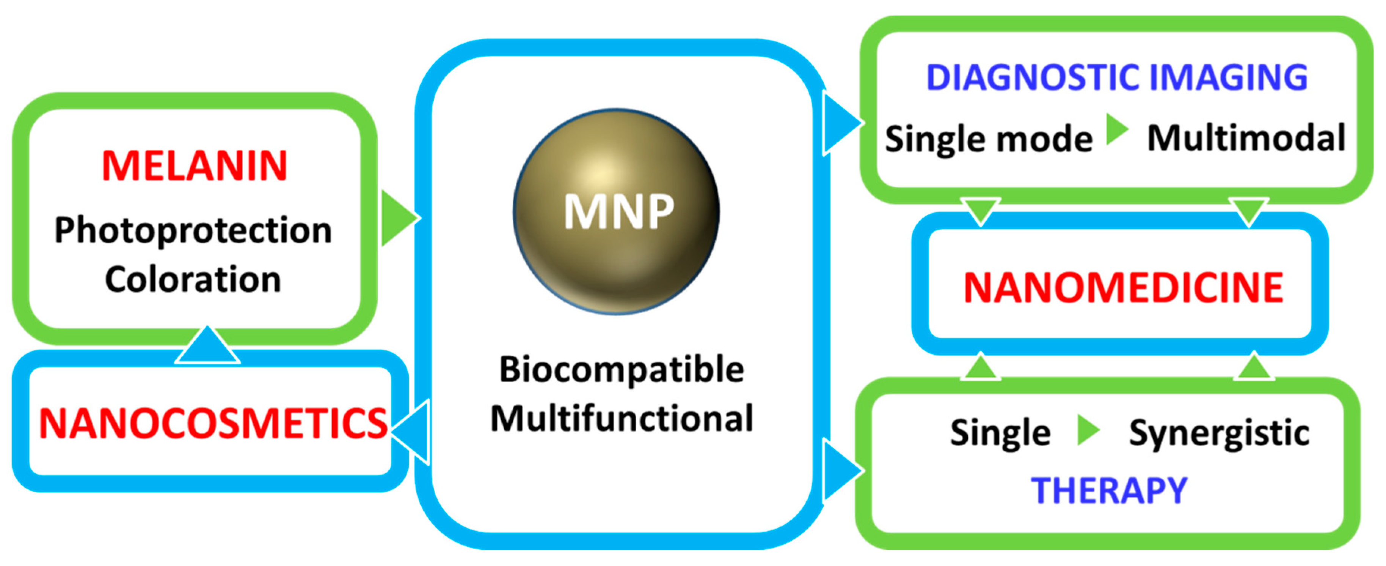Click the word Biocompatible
[x=622, y=370]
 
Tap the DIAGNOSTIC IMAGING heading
[x=1116, y=77]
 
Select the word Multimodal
[x=1246, y=138]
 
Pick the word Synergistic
[x=1219, y=433]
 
